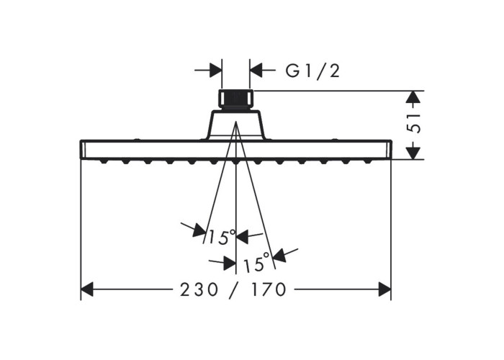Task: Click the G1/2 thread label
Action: point(312,71)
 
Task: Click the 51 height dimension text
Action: point(413,123)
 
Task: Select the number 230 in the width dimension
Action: point(199,289)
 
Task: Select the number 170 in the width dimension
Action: point(269,289)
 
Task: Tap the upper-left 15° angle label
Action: point(223,237)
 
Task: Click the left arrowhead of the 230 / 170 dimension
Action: point(87,289)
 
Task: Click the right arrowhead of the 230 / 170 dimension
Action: point(384,289)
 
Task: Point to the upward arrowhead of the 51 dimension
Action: point(413,97)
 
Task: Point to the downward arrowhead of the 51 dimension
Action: point(413,153)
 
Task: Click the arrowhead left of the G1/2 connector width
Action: point(215,71)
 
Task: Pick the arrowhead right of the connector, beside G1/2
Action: point(256,71)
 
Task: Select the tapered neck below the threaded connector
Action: point(236,125)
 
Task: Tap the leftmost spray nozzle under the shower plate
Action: point(103,161)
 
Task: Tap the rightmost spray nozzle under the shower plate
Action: point(368,161)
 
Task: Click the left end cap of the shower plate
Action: point(82,150)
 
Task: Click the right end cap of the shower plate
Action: point(389,150)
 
